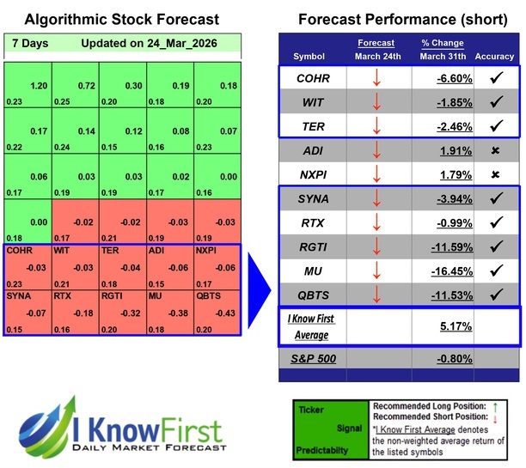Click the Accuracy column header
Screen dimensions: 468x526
coord(493,57)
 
